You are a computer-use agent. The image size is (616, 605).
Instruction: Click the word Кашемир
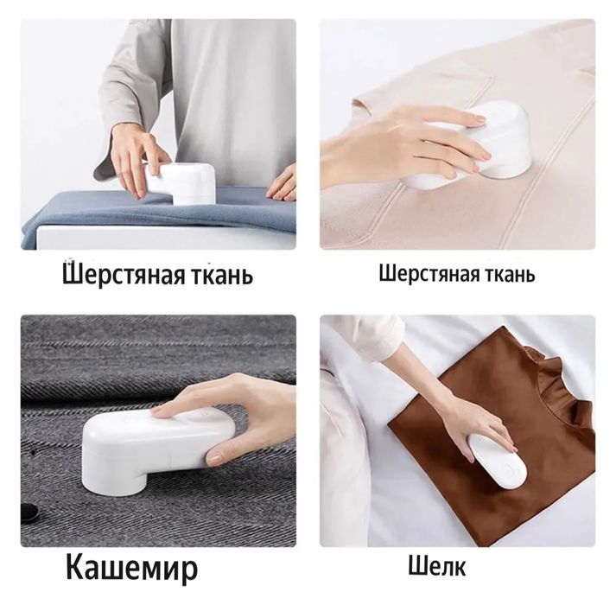pos(132,569)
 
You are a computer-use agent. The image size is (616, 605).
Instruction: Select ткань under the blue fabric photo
pos(221,277)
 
